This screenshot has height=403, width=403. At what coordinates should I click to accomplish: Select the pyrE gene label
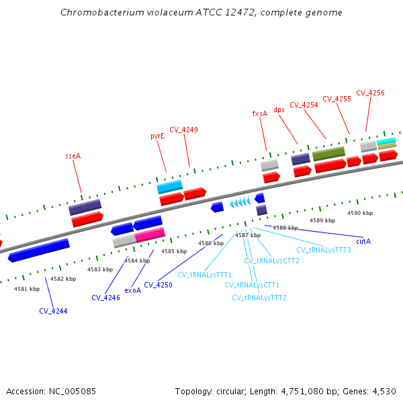(x=157, y=136)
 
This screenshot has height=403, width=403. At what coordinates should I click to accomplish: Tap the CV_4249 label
(x=183, y=130)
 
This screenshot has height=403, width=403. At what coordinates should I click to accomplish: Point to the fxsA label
(x=259, y=114)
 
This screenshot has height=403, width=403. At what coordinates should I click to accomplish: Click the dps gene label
(x=279, y=109)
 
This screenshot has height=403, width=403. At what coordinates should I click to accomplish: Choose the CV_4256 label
(x=370, y=93)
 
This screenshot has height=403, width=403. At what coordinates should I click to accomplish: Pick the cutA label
(x=363, y=240)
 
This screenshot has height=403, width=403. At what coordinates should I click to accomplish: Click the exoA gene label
(x=133, y=290)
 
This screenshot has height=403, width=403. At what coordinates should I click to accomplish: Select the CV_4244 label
(x=53, y=311)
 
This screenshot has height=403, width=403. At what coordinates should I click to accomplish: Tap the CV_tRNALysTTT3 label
(x=324, y=250)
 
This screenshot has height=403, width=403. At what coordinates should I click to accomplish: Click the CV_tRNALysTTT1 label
(x=205, y=275)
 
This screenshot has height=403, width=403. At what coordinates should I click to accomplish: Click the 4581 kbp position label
(x=27, y=289)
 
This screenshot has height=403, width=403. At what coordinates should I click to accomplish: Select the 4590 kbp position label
(x=359, y=213)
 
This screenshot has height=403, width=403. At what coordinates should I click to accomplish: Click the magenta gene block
(x=150, y=234)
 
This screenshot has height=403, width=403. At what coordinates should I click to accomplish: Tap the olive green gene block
(x=328, y=154)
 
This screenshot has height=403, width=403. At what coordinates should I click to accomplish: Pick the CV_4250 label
(x=158, y=285)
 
